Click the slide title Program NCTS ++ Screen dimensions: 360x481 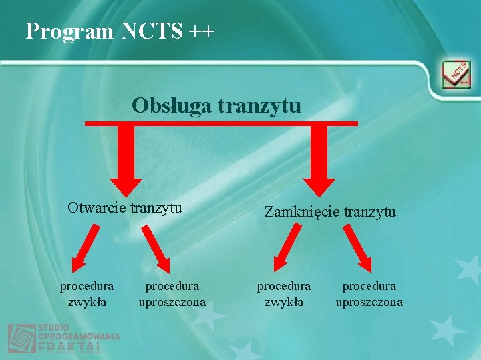(120, 31)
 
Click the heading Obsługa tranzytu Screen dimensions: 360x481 (216, 105)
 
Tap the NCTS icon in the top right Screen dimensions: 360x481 (456, 75)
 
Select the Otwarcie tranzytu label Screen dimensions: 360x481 (125, 207)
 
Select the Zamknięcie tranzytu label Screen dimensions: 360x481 (330, 212)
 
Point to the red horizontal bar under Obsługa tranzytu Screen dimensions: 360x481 (220, 123)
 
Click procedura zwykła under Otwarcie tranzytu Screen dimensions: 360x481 (87, 293)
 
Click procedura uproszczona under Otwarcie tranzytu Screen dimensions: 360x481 (172, 293)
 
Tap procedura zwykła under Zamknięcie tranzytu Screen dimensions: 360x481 (284, 293)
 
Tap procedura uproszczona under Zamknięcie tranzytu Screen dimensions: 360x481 (369, 293)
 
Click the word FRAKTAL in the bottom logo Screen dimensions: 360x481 (70, 348)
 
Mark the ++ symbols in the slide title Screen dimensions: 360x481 (202, 31)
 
